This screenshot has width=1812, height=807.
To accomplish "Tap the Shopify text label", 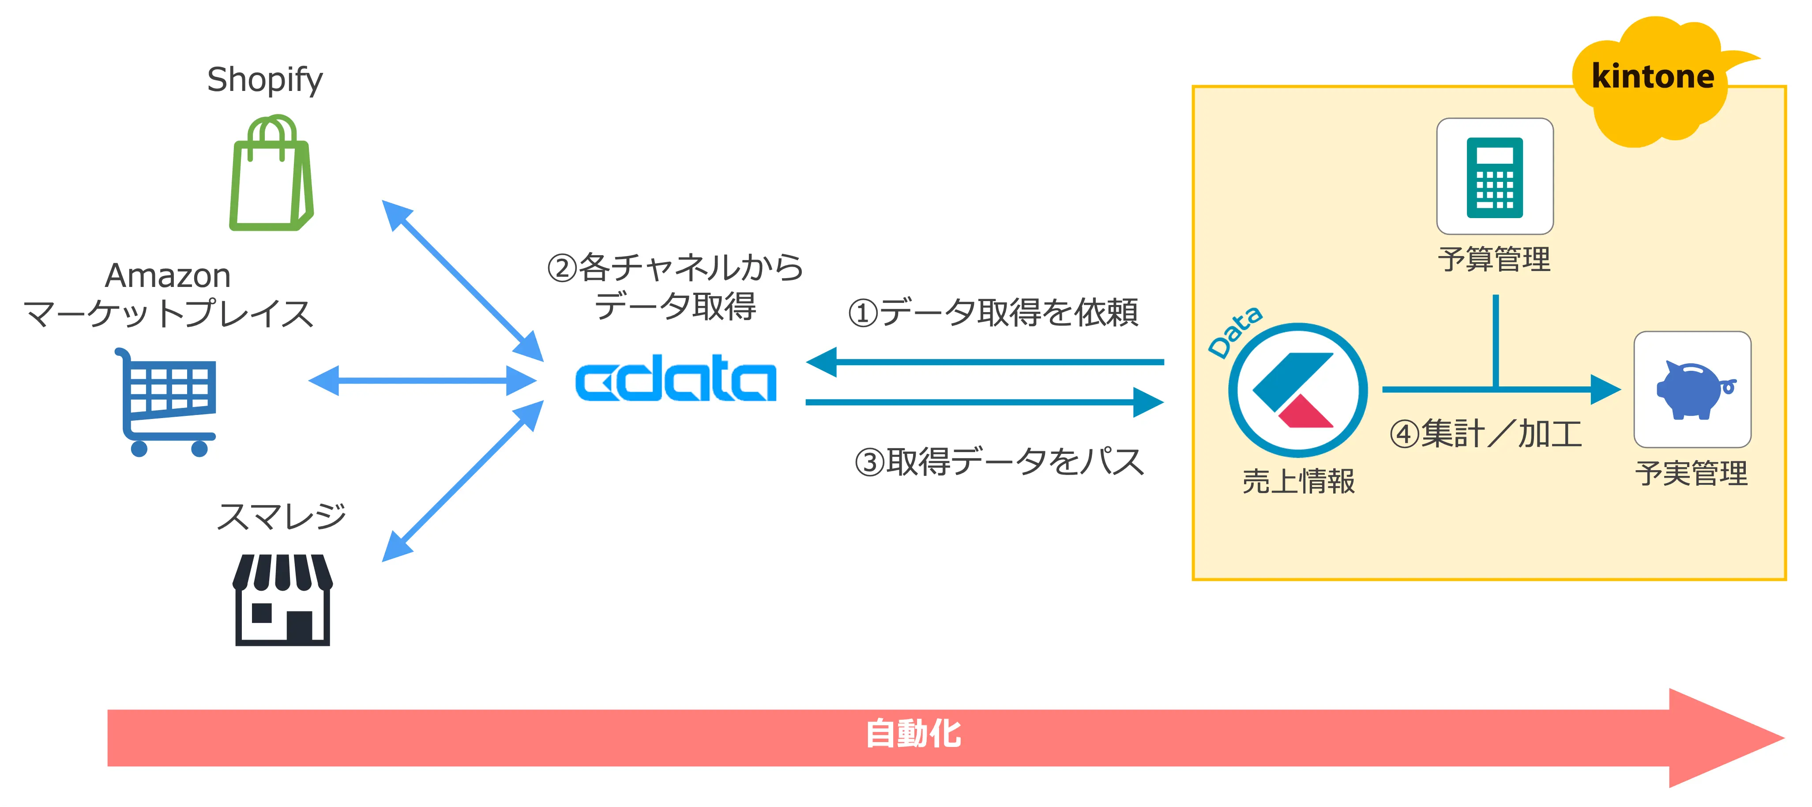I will click(264, 79).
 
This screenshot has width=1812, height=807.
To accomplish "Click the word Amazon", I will click(167, 275).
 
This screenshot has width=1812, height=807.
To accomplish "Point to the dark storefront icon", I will click(282, 600).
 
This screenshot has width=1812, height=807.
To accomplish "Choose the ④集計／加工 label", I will click(1485, 434).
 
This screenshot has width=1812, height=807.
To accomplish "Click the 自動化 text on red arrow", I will click(913, 734).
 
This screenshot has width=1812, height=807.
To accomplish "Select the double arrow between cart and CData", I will click(422, 381).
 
